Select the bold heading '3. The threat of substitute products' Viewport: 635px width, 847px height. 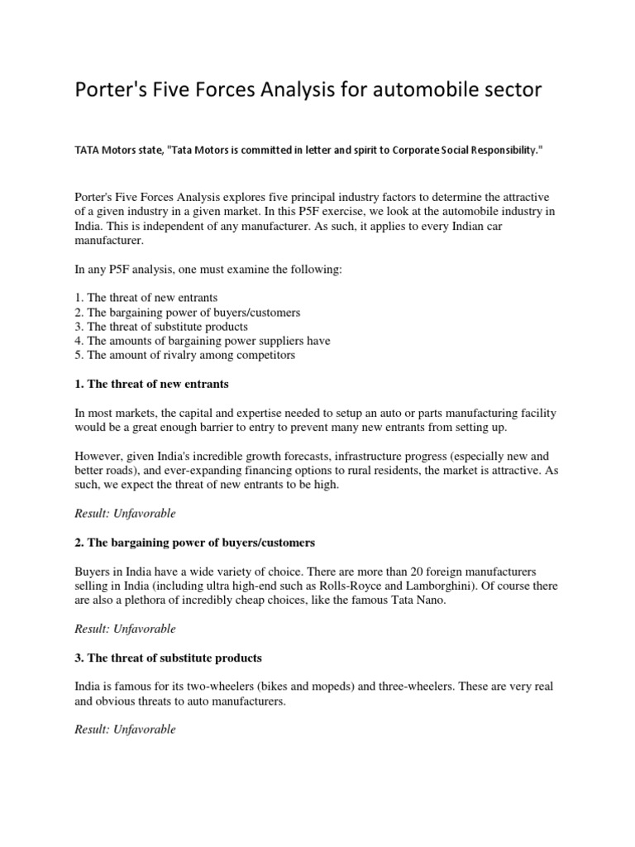point(168,658)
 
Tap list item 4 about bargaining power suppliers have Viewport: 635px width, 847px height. point(202,341)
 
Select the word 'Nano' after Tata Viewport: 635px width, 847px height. point(427,600)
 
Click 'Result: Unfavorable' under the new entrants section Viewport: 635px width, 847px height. point(125,514)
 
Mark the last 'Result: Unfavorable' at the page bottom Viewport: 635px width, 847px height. point(125,730)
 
